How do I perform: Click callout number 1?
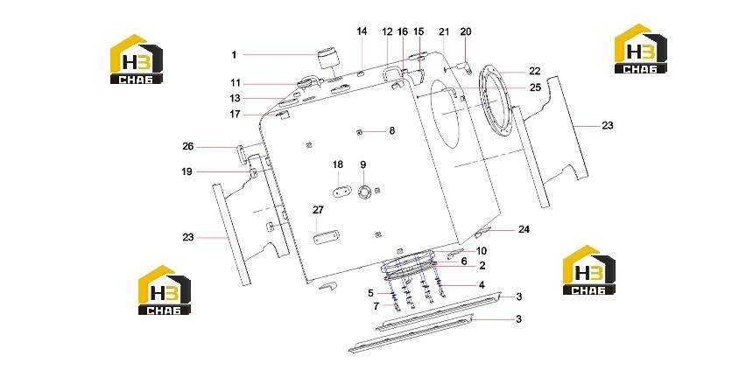(234, 55)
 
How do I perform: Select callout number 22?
(535, 72)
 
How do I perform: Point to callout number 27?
(318, 210)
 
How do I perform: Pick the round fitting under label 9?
(364, 192)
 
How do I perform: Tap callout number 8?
(392, 130)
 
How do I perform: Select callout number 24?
(524, 230)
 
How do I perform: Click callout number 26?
(188, 146)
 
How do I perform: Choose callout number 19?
(187, 171)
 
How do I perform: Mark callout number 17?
(235, 115)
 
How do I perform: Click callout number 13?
(235, 99)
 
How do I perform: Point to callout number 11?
(236, 83)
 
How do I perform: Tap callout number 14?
(362, 31)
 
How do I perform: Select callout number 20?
(465, 31)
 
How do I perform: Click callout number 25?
(535, 88)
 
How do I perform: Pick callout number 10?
(482, 251)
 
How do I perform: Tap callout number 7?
(377, 307)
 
